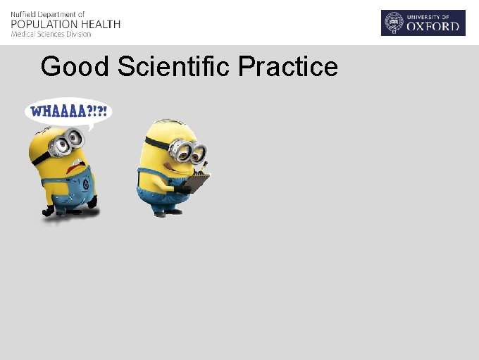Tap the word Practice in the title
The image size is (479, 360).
(x=288, y=67)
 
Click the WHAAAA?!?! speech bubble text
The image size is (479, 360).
(x=69, y=112)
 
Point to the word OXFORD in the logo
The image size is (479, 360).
(x=435, y=28)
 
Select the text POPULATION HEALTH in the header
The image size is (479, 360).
(x=66, y=24)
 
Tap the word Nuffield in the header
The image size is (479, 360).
(x=24, y=14)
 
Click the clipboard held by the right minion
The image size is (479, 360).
(x=198, y=182)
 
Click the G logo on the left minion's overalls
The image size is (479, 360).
(x=85, y=185)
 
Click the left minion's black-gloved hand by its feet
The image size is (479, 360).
(x=49, y=211)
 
